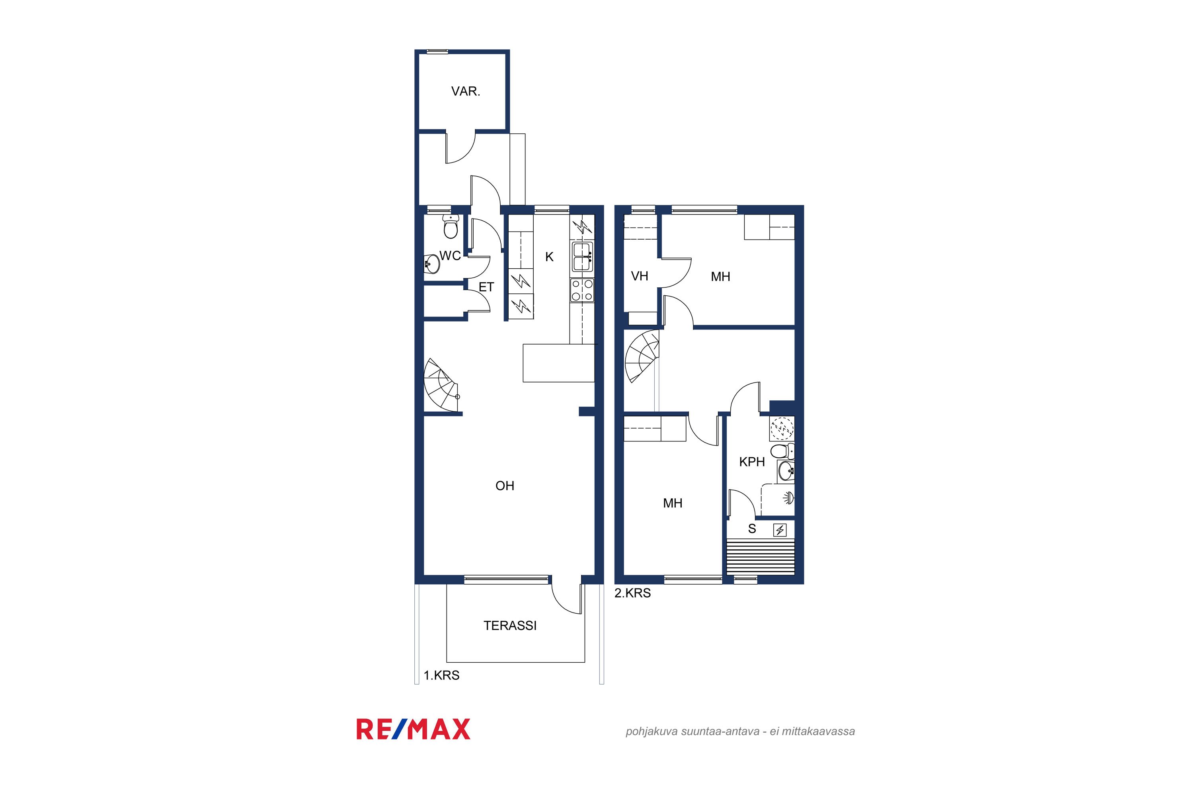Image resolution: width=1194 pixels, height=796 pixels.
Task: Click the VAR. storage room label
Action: (466, 92)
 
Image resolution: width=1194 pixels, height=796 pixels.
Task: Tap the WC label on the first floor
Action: (450, 256)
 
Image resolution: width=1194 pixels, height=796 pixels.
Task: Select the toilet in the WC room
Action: (451, 226)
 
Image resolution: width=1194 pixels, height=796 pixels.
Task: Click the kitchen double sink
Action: (582, 256)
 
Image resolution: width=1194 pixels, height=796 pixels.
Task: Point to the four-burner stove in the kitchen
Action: (582, 291)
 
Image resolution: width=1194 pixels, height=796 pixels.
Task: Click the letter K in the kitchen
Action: (549, 257)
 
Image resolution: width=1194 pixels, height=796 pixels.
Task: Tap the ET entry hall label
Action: (486, 287)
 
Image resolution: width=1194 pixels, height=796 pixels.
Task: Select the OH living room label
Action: (505, 486)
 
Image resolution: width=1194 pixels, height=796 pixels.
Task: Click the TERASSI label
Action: (510, 625)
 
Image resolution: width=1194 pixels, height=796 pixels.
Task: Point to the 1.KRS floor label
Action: (442, 675)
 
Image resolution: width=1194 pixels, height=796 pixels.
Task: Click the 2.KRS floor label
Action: (632, 593)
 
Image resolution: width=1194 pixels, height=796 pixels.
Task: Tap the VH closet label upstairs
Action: (640, 276)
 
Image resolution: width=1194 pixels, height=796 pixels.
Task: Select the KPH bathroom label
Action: (752, 462)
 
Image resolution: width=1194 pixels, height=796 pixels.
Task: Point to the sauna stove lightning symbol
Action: (780, 531)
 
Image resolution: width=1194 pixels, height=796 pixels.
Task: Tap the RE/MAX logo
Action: (413, 729)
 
